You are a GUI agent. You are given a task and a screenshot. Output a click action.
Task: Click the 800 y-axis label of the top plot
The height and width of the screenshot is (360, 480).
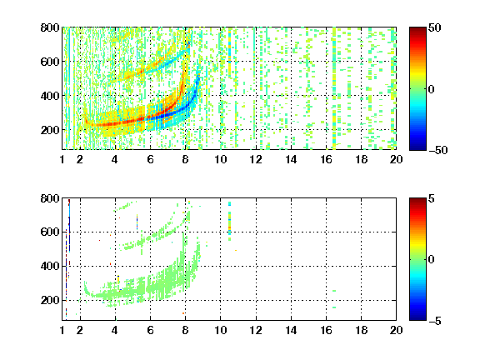(x=50, y=27)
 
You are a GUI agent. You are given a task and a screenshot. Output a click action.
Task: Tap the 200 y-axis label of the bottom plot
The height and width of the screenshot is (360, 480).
(x=50, y=300)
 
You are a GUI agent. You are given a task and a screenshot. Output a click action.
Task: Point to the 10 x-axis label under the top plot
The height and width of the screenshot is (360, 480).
(x=220, y=159)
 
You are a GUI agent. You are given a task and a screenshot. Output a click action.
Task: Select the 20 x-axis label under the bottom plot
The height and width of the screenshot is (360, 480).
(x=396, y=330)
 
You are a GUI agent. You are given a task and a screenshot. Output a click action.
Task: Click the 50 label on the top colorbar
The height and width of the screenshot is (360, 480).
(x=434, y=27)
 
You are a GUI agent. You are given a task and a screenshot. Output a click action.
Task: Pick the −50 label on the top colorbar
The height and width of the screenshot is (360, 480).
(x=438, y=150)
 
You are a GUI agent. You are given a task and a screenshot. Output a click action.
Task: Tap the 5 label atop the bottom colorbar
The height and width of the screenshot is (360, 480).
(x=432, y=198)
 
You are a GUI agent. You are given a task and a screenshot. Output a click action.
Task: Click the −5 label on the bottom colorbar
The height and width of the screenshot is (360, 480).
(x=435, y=321)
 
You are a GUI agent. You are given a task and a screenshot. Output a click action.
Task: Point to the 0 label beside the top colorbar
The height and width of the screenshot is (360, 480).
(x=432, y=89)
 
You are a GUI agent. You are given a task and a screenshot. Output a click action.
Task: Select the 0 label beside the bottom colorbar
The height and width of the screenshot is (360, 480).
(x=432, y=260)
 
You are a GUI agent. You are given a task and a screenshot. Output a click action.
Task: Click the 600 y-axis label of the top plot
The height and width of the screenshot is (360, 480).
(x=50, y=62)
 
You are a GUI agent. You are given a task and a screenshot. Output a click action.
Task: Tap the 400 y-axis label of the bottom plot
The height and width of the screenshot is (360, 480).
(x=50, y=266)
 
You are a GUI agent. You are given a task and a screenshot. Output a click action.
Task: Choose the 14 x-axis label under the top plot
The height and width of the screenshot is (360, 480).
(x=291, y=159)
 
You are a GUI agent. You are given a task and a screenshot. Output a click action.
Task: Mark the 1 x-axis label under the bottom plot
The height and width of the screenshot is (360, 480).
(x=62, y=330)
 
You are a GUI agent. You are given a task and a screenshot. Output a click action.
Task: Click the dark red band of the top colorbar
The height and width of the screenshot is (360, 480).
(x=417, y=31)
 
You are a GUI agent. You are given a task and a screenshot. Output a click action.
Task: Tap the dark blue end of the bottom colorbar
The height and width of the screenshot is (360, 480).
(x=417, y=317)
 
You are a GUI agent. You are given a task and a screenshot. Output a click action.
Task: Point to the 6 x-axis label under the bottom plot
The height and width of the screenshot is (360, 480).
(x=150, y=330)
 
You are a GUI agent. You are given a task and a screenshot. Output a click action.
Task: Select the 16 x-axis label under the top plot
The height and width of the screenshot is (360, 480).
(x=326, y=159)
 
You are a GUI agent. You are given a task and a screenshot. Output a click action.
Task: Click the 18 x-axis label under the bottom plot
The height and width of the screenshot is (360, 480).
(x=361, y=330)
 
